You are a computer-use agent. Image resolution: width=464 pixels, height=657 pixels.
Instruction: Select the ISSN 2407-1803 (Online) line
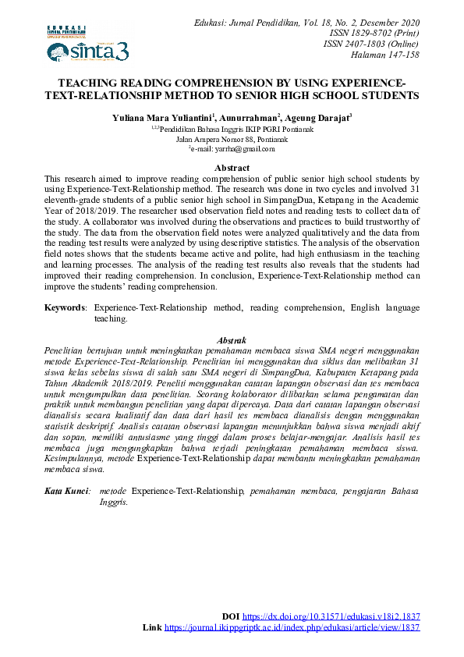pyautogui.click(x=371, y=44)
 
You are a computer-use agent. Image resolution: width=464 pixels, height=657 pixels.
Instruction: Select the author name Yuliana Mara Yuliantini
pyautogui.click(x=162, y=117)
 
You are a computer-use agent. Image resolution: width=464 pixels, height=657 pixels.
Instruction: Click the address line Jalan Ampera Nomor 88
pyautogui.click(x=232, y=139)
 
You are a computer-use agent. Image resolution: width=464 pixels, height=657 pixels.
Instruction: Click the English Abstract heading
pyautogui.click(x=232, y=168)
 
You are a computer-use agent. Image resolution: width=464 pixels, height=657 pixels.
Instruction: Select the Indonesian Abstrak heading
pyautogui.click(x=232, y=340)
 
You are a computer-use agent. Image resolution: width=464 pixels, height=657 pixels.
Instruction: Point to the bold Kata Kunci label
pyautogui.click(x=66, y=491)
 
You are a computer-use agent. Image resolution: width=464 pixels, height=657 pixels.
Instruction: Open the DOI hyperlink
pyautogui.click(x=331, y=616)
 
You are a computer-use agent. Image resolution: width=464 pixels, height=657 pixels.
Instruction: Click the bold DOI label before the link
pyautogui.click(x=231, y=616)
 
